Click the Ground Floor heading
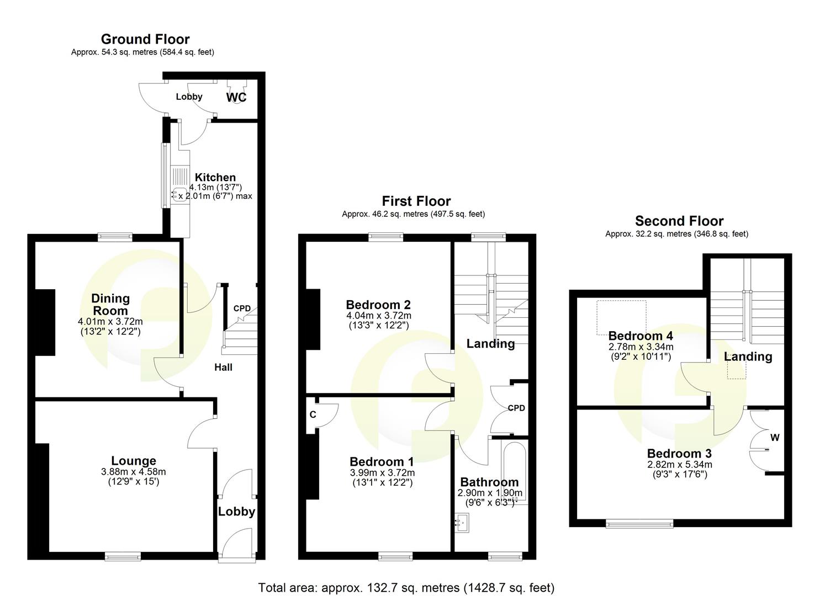pos(145,39)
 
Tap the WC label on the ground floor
pos(236,98)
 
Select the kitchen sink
pos(179,194)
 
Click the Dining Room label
pos(110,304)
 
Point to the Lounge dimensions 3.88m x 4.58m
pos(134,472)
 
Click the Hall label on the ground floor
pos(224,368)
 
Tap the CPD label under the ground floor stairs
pos(242,308)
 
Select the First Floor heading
pos(416,201)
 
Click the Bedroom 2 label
pos(378,305)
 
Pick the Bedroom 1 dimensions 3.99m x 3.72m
pos(382,473)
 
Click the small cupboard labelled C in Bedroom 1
pos(313,414)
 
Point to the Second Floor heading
pos(679,221)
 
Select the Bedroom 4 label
pos(641,336)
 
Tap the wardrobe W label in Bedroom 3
pos(775,438)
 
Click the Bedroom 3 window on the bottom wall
pos(639,523)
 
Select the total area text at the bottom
pos(406,587)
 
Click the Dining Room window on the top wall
pos(115,237)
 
